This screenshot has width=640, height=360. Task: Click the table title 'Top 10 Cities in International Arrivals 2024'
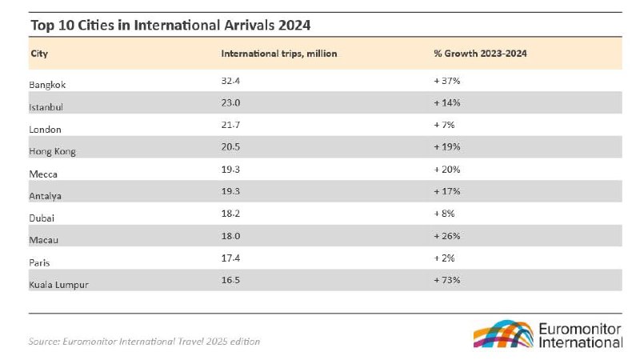(170, 25)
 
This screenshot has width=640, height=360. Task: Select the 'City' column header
(38, 54)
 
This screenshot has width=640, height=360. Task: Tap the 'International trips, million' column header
(279, 54)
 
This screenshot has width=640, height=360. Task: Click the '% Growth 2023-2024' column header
(480, 54)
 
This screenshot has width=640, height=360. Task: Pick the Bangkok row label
(47, 83)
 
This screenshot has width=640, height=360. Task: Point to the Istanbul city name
(46, 106)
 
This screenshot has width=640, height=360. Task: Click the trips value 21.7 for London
(231, 127)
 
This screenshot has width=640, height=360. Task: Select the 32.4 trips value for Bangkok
(231, 82)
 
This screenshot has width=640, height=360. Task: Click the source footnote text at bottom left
(144, 342)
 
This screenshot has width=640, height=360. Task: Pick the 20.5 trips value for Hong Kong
(231, 149)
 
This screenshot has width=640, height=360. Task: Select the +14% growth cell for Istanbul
(446, 104)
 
